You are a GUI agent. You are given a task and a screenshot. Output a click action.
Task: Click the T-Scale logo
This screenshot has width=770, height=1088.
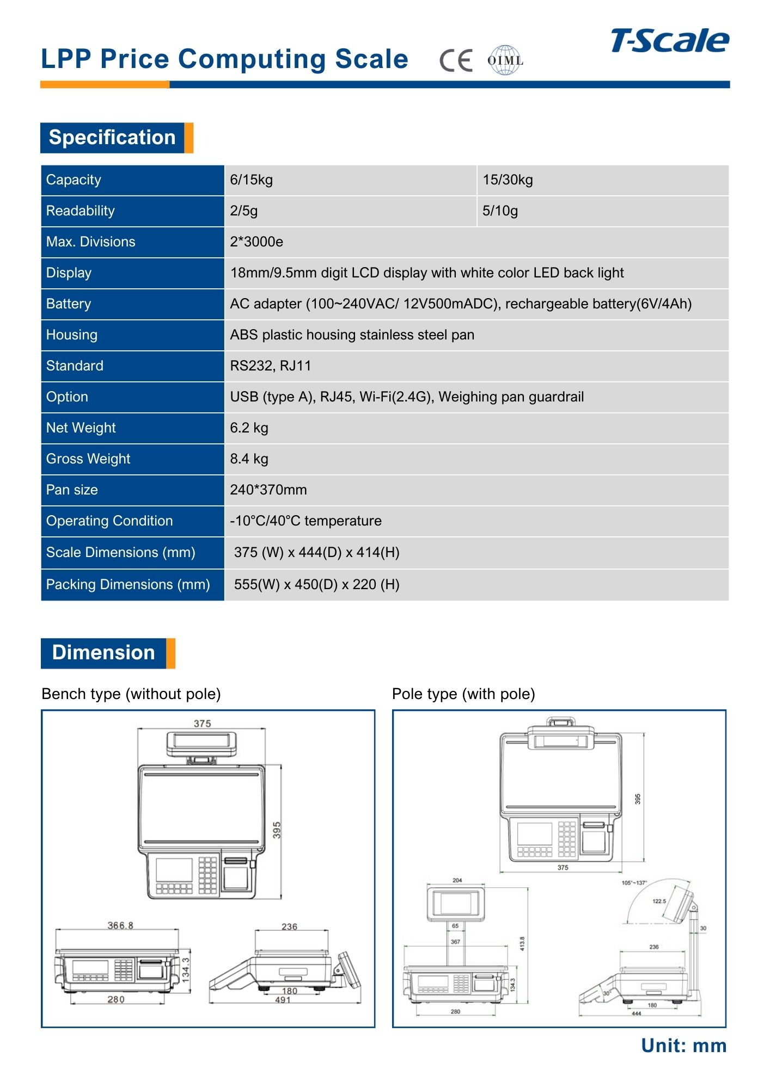click(x=669, y=41)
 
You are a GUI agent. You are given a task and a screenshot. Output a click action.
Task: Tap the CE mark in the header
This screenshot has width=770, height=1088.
click(x=456, y=60)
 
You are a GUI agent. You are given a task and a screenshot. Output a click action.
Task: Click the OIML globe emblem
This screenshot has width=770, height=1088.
click(x=505, y=60)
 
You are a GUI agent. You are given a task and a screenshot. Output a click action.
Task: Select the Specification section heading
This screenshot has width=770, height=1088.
click(x=112, y=138)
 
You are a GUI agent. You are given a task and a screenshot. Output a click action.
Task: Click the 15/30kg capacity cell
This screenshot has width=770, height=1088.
click(x=508, y=180)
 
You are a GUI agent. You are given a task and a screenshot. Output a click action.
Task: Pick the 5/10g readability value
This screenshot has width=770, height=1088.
click(x=500, y=211)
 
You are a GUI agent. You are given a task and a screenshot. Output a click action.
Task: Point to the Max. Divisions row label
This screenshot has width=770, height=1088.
click(x=91, y=242)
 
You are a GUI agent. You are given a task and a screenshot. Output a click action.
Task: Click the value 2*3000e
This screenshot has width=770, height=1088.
click(x=256, y=242)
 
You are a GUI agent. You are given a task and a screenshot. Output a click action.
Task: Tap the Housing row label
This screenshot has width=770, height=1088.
click(x=72, y=335)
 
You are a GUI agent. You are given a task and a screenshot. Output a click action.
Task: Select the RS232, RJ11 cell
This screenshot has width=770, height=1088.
click(x=271, y=366)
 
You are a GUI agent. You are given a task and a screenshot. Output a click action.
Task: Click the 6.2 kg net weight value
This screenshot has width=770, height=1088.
click(x=249, y=428)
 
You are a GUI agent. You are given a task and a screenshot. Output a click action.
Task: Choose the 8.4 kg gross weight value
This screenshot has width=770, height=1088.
click(x=249, y=459)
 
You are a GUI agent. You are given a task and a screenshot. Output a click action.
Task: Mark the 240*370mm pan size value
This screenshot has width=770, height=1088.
click(x=268, y=490)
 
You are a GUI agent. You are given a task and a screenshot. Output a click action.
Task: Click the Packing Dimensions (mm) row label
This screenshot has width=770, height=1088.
click(x=128, y=585)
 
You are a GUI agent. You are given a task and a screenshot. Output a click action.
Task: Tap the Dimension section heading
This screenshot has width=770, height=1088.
click(x=103, y=653)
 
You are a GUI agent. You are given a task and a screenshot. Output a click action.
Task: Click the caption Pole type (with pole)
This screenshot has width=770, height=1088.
click(x=463, y=694)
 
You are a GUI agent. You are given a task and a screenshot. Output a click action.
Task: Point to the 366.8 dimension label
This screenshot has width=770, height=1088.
click(x=120, y=925)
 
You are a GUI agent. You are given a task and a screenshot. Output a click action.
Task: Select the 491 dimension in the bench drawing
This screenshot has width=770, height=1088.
click(x=283, y=1000)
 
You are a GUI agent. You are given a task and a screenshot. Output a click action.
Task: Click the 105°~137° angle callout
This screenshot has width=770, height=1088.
click(x=634, y=883)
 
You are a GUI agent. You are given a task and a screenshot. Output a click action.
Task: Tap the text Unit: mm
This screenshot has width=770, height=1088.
click(x=683, y=1046)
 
